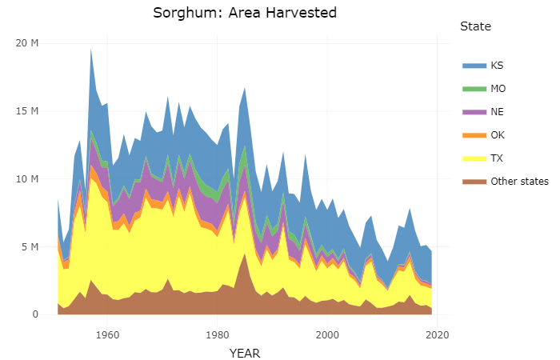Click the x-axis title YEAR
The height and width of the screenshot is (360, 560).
pyautogui.click(x=245, y=352)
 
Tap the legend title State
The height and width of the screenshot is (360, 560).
pyautogui.click(x=475, y=27)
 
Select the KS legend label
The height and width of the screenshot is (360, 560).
pyautogui.click(x=497, y=65)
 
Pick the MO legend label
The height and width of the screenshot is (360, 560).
pyautogui.click(x=498, y=88)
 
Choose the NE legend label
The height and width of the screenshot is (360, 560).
pyautogui.click(x=498, y=111)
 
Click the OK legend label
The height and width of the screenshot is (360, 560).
pyautogui.click(x=498, y=134)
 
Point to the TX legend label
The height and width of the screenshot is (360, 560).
pyautogui.click(x=497, y=158)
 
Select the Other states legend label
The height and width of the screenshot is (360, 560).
pyautogui.click(x=519, y=181)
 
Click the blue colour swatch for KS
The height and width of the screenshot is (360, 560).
pyautogui.click(x=474, y=65)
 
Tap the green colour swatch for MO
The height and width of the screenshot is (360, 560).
pyautogui.click(x=474, y=88)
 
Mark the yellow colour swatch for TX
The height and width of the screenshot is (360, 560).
pyautogui.click(x=474, y=158)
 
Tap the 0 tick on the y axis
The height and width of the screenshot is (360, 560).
pyautogui.click(x=35, y=314)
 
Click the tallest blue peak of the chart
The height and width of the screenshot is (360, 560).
pyautogui.click(x=91, y=50)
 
